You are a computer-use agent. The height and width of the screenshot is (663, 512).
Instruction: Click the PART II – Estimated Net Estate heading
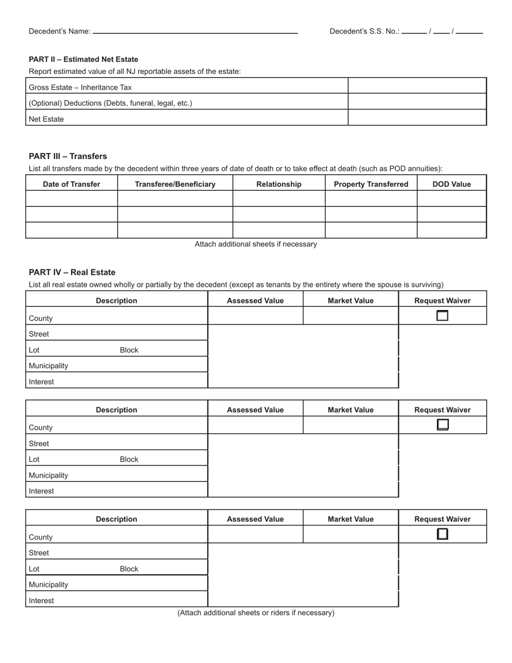click(x=84, y=59)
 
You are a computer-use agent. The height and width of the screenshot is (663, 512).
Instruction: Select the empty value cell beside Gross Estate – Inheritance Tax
click(x=417, y=86)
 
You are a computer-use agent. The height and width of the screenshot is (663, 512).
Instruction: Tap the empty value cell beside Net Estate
click(x=417, y=118)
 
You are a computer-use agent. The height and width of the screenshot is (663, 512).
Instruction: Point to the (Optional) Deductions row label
click(x=110, y=103)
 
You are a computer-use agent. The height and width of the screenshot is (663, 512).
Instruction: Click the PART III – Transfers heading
click(x=68, y=156)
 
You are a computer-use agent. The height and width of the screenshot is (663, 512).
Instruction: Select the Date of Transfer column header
click(x=72, y=184)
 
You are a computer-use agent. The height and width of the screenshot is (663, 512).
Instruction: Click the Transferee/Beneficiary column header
click(x=175, y=184)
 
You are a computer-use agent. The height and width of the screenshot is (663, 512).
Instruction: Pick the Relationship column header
click(x=279, y=184)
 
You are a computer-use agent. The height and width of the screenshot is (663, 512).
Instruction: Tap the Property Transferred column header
click(x=371, y=184)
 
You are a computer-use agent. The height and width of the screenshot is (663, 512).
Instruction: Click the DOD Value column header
click(x=452, y=184)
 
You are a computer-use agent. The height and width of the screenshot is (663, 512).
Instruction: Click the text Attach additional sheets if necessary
click(x=255, y=244)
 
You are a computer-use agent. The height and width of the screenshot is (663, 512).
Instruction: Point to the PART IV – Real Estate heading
click(x=72, y=272)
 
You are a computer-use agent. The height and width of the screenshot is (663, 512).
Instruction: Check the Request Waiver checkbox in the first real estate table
click(x=442, y=316)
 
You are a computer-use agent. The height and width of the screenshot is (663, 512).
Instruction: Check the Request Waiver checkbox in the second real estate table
click(x=442, y=425)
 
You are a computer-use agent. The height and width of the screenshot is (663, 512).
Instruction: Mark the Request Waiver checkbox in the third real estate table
click(x=442, y=534)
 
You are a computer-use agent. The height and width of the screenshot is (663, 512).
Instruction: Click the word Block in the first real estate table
click(x=129, y=350)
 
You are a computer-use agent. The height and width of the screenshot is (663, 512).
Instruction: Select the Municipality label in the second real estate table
click(x=49, y=475)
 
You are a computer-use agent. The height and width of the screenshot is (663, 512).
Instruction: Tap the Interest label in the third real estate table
click(x=41, y=600)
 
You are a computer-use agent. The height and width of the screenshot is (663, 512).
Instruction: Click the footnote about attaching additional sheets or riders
click(x=255, y=613)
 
